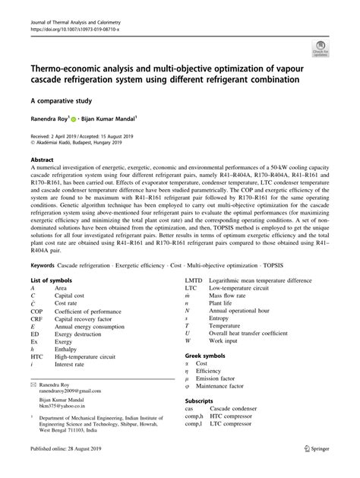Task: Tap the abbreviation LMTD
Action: click(x=194, y=281)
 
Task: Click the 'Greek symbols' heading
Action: click(x=206, y=356)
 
